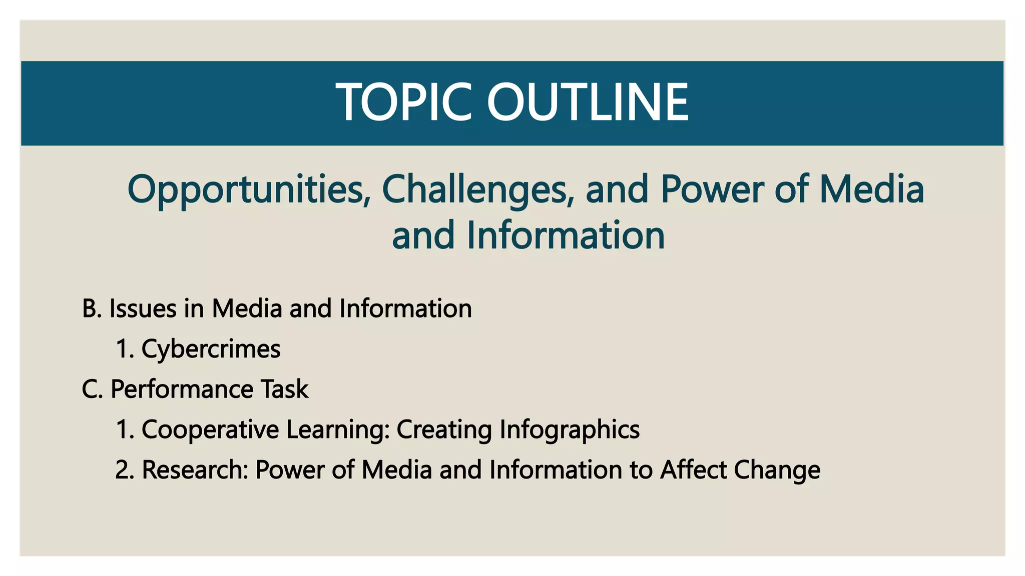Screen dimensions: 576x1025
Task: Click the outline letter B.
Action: (x=91, y=308)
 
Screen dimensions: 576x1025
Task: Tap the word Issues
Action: (x=143, y=308)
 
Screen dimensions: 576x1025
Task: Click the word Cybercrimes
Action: (x=211, y=349)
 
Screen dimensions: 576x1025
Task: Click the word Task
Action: (x=284, y=389)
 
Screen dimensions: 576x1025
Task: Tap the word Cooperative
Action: (x=210, y=429)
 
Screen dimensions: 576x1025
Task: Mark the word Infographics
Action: (x=570, y=429)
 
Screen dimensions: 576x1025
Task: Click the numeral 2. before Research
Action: (x=124, y=470)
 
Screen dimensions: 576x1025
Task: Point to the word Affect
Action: (x=693, y=470)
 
